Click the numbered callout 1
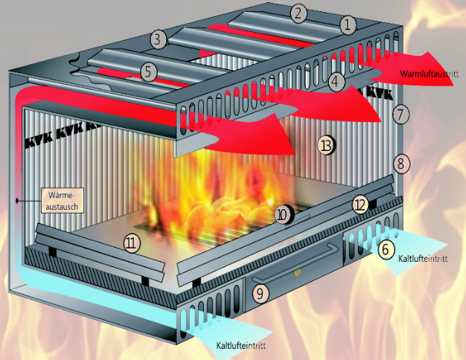pos(348,25)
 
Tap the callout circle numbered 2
pos(299,13)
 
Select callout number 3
pos(158,39)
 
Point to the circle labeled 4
pos(336,81)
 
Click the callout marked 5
pos(148,72)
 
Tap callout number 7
pos(400,115)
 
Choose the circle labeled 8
pos(401,164)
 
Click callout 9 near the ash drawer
pos(261,294)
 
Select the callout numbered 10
pos(283,214)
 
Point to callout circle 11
pos(132,243)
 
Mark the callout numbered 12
pos(360,205)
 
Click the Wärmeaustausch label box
pos(62,201)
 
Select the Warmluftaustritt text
pos(429,74)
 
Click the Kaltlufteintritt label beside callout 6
pos(423,258)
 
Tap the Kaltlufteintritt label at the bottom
pos(240,346)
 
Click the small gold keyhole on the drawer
pos(297,271)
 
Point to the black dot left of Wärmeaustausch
pos(17,201)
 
